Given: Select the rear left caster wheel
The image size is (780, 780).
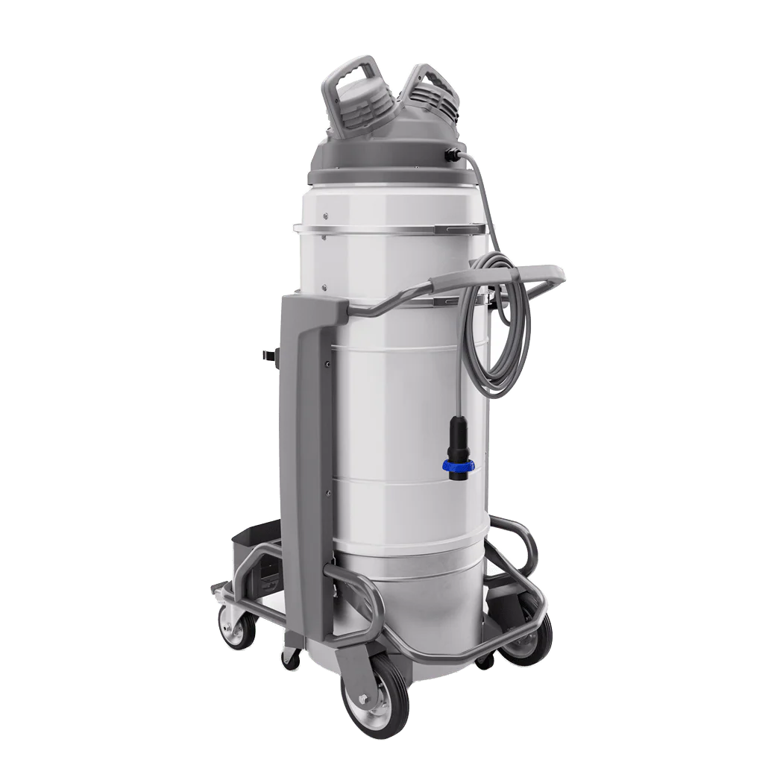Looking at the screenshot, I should (234, 627).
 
